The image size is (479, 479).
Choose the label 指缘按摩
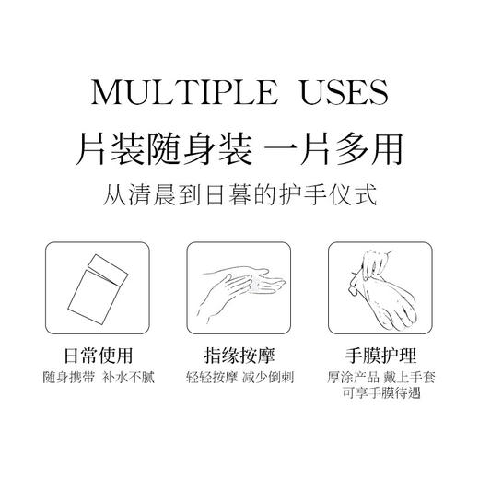coord(239,354)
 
